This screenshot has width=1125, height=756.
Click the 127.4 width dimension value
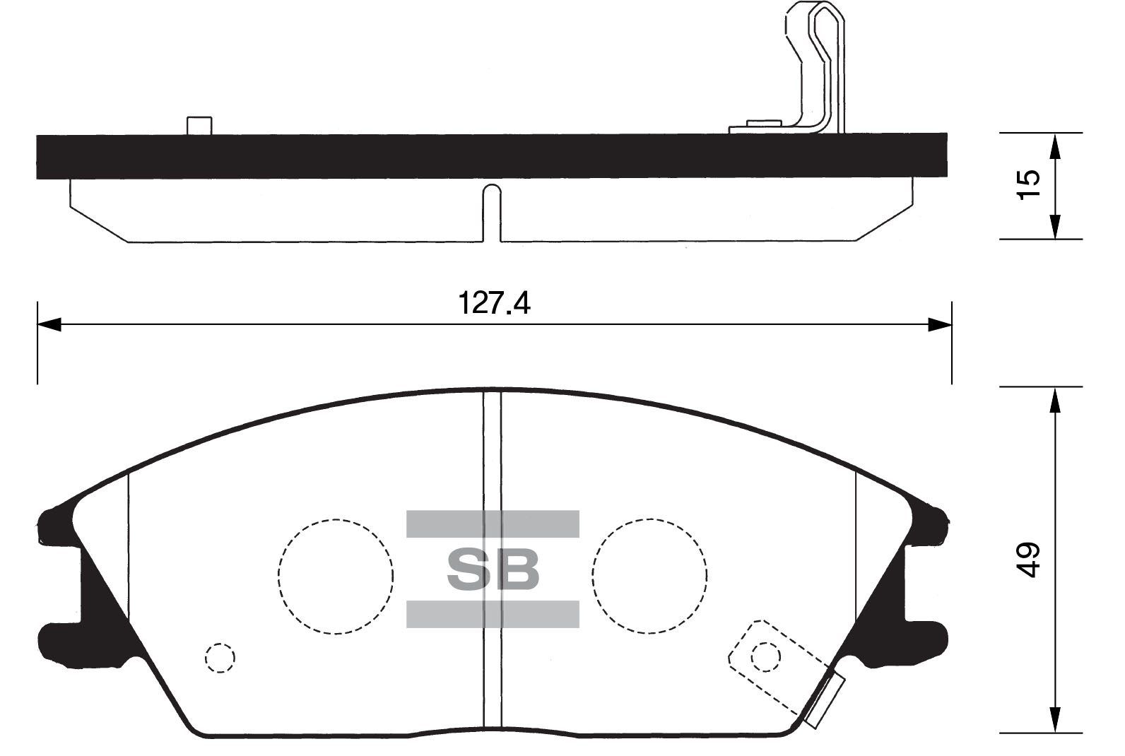pyautogui.click(x=494, y=303)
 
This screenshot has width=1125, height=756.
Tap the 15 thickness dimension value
pyautogui.click(x=1030, y=185)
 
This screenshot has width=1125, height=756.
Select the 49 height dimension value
pyautogui.click(x=1030, y=560)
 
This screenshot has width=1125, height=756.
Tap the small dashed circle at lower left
pyautogui.click(x=220, y=658)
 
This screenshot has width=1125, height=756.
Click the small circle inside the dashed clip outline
pyautogui.click(x=766, y=657)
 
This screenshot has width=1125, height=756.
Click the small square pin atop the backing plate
pyautogui.click(x=199, y=125)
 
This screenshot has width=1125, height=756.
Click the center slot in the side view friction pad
pyautogui.click(x=492, y=212)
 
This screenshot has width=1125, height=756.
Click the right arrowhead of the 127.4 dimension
pyautogui.click(x=939, y=324)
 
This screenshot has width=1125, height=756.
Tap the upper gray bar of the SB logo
pyautogui.click(x=493, y=524)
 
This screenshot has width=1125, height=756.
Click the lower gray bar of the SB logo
pyautogui.click(x=493, y=614)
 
